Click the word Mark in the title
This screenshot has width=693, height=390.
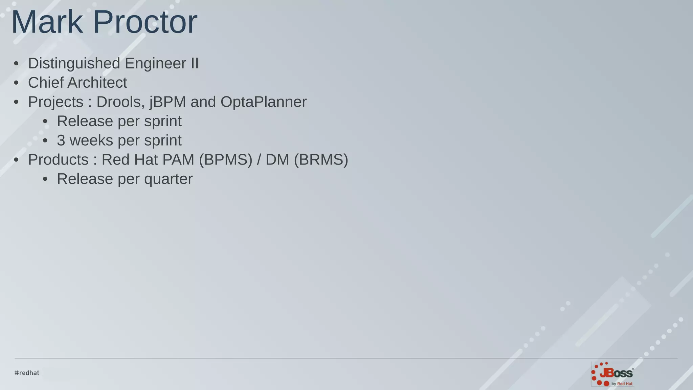(x=47, y=22)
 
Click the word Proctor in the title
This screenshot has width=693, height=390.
(x=145, y=22)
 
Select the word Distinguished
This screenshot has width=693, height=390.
(x=74, y=63)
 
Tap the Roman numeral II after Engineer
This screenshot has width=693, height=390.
(x=194, y=63)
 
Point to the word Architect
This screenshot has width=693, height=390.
(x=97, y=83)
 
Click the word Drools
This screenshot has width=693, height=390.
(x=120, y=102)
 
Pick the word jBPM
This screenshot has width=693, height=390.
(x=168, y=102)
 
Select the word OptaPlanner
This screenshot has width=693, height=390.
(x=264, y=102)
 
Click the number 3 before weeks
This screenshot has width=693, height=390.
(x=61, y=140)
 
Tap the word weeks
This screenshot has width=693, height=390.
(x=91, y=140)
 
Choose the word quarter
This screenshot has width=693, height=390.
(x=168, y=179)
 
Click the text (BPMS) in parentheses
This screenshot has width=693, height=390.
(x=226, y=160)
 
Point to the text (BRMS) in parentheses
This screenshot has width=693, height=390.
(x=321, y=160)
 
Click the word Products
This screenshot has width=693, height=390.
(x=58, y=160)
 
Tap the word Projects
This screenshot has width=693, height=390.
(x=55, y=102)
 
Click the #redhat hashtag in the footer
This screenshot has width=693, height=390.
(x=27, y=373)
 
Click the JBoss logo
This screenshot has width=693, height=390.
(x=612, y=374)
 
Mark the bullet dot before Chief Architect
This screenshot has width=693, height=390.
(x=16, y=83)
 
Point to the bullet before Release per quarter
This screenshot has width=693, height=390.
(x=45, y=179)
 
